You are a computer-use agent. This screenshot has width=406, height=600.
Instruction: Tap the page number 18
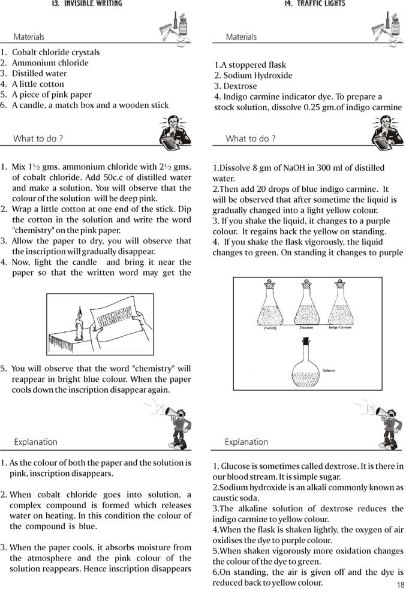(400, 586)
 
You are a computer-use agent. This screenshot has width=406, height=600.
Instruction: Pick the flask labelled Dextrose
(306, 306)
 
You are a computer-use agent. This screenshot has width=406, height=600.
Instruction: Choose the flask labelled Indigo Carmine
(340, 306)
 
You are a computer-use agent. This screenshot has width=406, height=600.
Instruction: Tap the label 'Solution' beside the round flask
(329, 371)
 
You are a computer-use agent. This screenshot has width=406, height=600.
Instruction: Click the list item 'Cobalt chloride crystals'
(56, 52)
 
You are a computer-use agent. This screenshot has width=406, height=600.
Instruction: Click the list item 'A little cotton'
(38, 84)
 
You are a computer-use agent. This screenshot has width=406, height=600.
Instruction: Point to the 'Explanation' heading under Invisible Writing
(35, 442)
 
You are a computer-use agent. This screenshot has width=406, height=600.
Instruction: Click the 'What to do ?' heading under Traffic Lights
(250, 139)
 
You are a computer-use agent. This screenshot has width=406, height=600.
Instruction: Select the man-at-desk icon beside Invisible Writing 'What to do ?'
(174, 132)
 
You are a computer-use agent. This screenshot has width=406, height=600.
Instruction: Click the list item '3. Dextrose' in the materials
(236, 86)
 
